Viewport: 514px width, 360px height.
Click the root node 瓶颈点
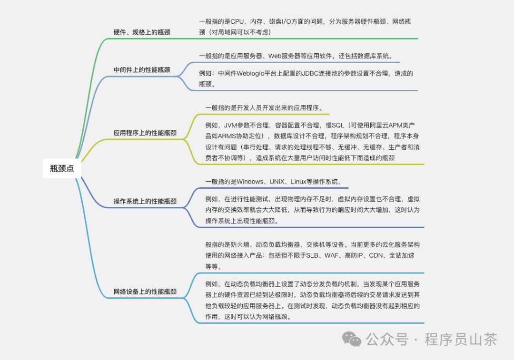[x=62, y=168]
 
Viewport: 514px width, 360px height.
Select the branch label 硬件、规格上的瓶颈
[x=142, y=32]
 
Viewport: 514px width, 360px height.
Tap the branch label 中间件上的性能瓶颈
[x=142, y=70]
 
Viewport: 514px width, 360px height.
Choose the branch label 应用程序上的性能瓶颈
[x=145, y=133]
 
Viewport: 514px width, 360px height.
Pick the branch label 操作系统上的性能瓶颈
[x=145, y=201]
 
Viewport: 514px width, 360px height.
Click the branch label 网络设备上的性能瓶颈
[x=145, y=292]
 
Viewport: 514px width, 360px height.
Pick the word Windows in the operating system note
[x=250, y=182]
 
